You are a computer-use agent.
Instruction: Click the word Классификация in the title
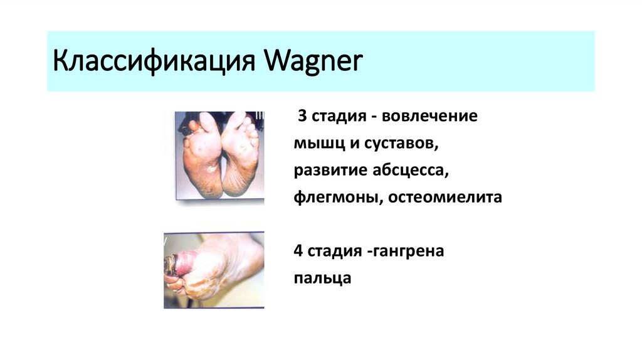pos(155,63)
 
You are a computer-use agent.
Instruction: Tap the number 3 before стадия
pos(302,117)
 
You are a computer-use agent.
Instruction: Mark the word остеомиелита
pos(445,198)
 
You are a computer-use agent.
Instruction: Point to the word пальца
pos(322,278)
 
